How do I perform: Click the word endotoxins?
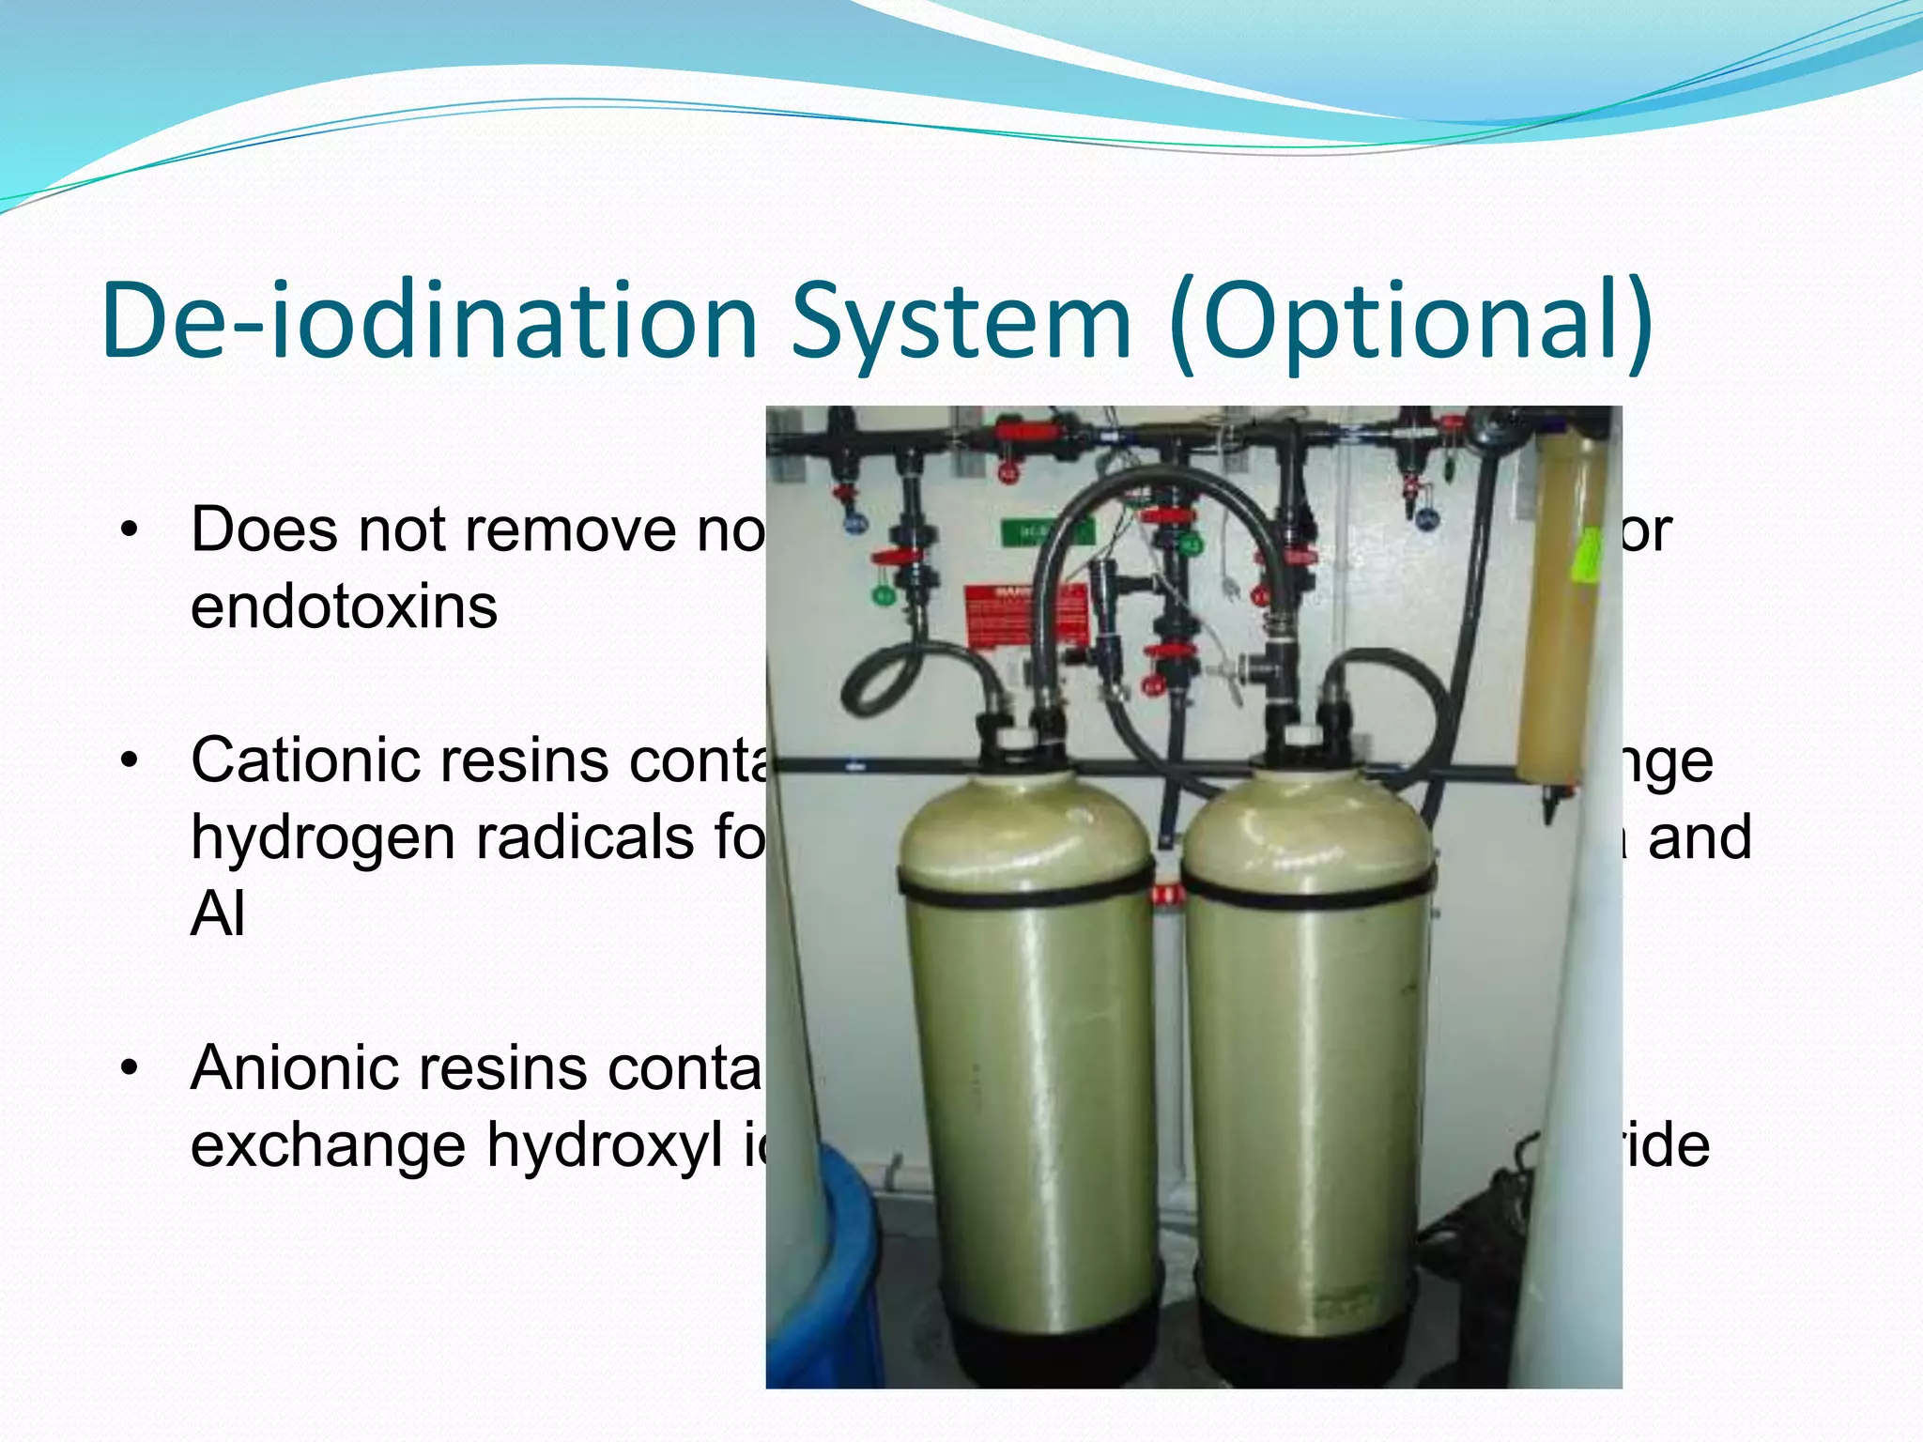pos(344,607)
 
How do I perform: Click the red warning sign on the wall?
pos(1025,615)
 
